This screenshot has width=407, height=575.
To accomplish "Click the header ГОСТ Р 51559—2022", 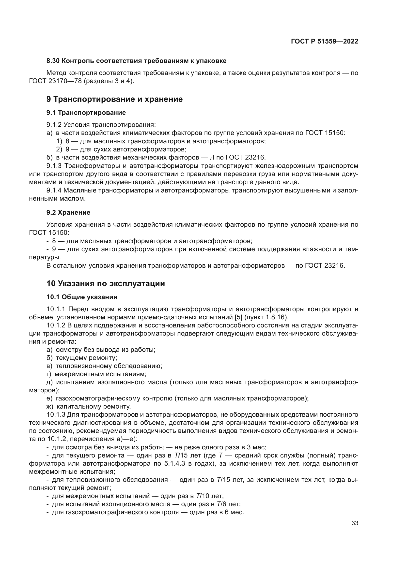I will [x=324, y=41].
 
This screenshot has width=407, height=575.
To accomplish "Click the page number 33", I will [x=355, y=523].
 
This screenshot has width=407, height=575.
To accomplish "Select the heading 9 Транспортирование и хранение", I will [x=114, y=99].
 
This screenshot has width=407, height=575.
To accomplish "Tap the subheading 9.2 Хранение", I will [x=68, y=212].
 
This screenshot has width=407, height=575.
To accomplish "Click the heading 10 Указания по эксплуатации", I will [x=106, y=283].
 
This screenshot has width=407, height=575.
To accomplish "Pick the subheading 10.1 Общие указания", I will [x=82, y=297].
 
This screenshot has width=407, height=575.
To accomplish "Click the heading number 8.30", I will [x=53, y=61].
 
